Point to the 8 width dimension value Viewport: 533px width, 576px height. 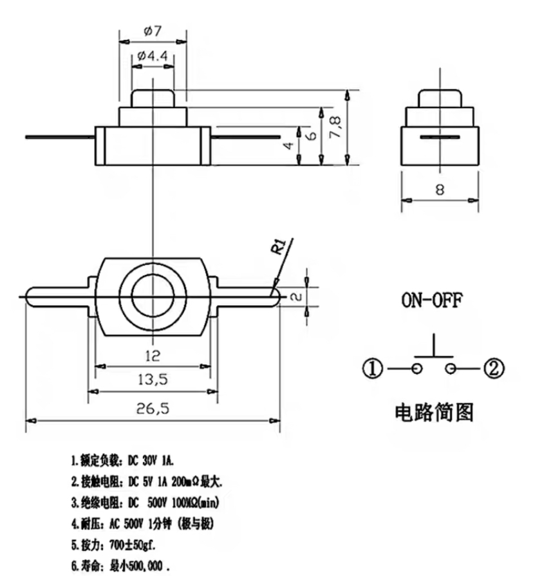click(x=440, y=189)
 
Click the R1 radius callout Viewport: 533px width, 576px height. click(x=279, y=247)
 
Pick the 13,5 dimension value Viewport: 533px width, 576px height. click(x=153, y=380)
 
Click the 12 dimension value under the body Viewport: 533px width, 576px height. click(x=152, y=355)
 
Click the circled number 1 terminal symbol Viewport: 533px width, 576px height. click(x=375, y=369)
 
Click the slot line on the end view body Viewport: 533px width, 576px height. click(x=440, y=138)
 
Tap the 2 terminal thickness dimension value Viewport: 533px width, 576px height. click(x=297, y=296)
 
